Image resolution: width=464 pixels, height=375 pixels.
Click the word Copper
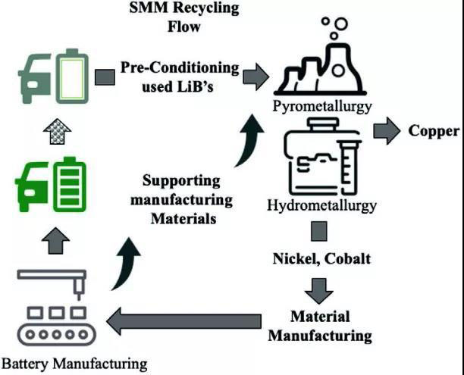tap(434, 130)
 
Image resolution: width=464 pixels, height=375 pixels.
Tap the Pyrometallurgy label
tap(323, 106)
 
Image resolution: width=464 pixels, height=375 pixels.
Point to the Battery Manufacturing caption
tap(74, 363)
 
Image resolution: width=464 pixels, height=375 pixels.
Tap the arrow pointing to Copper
tap(387, 130)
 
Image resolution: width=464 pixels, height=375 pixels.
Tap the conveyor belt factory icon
tap(51, 310)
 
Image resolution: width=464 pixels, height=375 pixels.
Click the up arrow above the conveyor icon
tap(51, 242)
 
